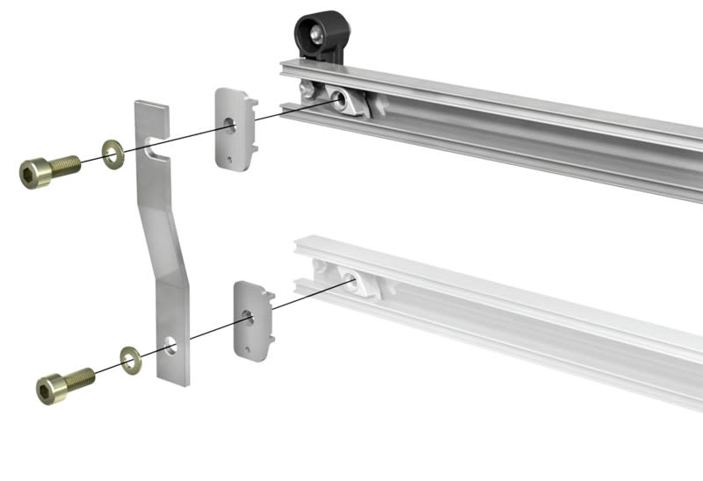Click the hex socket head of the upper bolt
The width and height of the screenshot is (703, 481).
pos(33,172)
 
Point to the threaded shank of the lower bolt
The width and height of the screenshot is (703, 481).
pos(81,377)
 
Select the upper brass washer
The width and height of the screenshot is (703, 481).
pos(112,154)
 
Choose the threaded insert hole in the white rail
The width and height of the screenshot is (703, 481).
pos(351,282)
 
